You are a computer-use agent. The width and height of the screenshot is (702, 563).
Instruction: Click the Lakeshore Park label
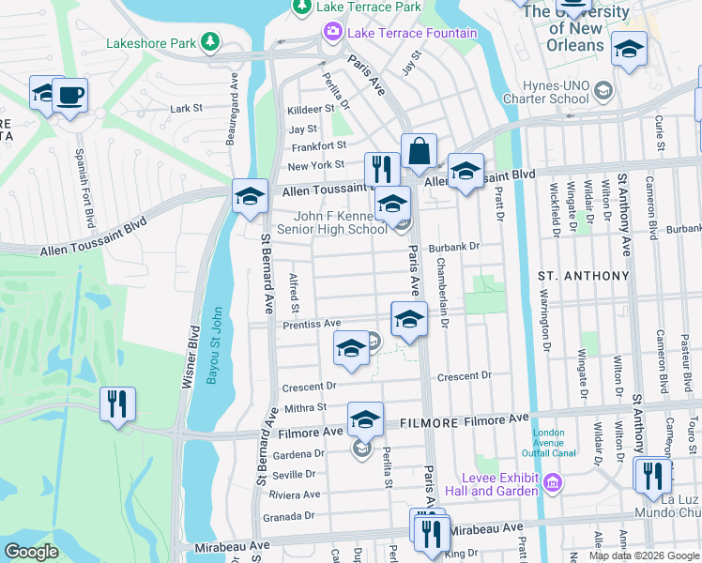tap(150, 42)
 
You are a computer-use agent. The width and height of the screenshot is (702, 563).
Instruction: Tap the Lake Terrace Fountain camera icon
tap(333, 34)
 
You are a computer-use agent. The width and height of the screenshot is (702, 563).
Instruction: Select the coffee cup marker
tap(69, 95)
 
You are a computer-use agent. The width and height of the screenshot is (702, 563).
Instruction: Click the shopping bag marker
tap(419, 150)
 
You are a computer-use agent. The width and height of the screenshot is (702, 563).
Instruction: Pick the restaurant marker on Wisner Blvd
tap(117, 403)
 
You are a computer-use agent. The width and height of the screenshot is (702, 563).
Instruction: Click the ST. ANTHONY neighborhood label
tap(582, 276)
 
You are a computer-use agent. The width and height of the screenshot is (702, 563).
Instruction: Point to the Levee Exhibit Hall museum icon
tap(552, 484)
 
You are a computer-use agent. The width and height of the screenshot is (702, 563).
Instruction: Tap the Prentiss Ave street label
tap(311, 324)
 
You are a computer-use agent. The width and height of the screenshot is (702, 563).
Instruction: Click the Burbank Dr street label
tap(454, 248)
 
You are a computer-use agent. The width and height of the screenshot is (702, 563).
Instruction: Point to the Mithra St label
tap(306, 408)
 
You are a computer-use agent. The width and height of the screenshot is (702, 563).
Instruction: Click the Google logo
tap(31, 551)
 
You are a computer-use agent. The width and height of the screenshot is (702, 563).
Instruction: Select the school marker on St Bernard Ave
tap(250, 196)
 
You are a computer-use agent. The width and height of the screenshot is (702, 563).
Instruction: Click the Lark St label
tap(186, 109)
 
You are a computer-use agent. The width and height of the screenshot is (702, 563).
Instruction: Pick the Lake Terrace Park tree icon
tap(302, 8)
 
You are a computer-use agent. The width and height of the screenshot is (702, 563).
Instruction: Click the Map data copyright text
tap(643, 555)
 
